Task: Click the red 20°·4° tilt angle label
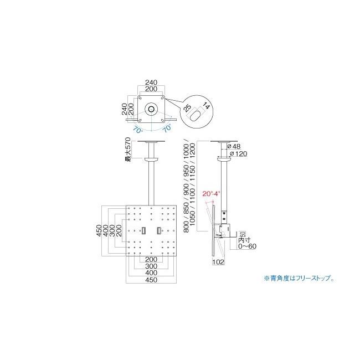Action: click(211, 194)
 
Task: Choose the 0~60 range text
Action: click(247, 246)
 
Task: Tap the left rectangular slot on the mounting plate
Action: click(143, 230)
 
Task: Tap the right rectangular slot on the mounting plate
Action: click(159, 230)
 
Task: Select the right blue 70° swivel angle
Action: click(167, 128)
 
